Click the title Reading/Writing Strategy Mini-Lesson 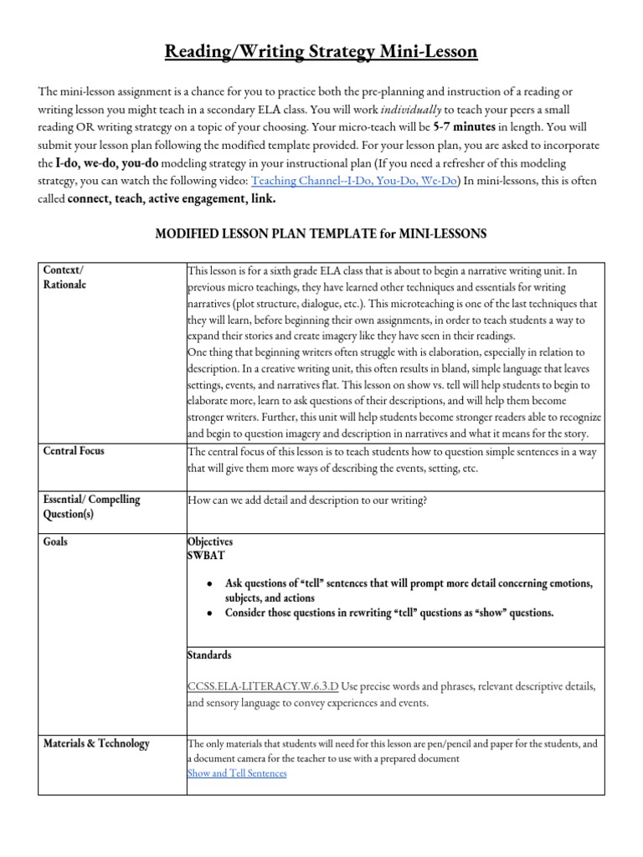[321, 53]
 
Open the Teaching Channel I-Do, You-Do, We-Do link [354, 181]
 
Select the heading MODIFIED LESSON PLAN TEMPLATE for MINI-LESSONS [321, 234]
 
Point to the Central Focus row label [74, 451]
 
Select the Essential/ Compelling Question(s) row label [91, 506]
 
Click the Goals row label [55, 541]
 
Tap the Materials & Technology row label [96, 742]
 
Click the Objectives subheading [210, 541]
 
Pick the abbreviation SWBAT [206, 555]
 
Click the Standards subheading [209, 654]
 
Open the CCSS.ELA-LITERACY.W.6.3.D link [263, 686]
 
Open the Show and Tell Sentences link [237, 772]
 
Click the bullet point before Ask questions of [207, 582]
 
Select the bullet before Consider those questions [207, 613]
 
